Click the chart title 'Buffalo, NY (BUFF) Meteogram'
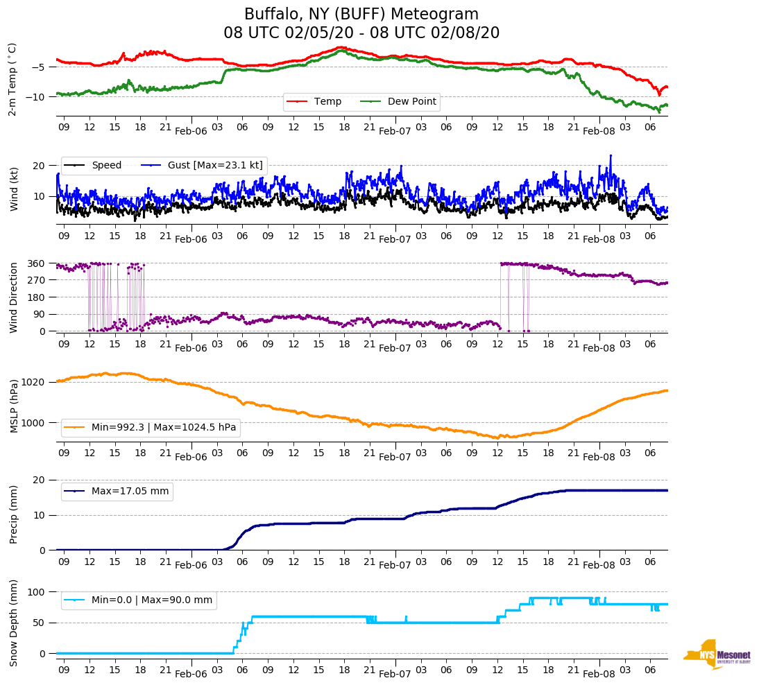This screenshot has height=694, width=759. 361,15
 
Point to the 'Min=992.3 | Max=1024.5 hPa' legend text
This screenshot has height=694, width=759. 164,428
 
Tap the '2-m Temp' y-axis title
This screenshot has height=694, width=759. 12,79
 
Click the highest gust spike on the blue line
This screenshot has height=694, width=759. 611,156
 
